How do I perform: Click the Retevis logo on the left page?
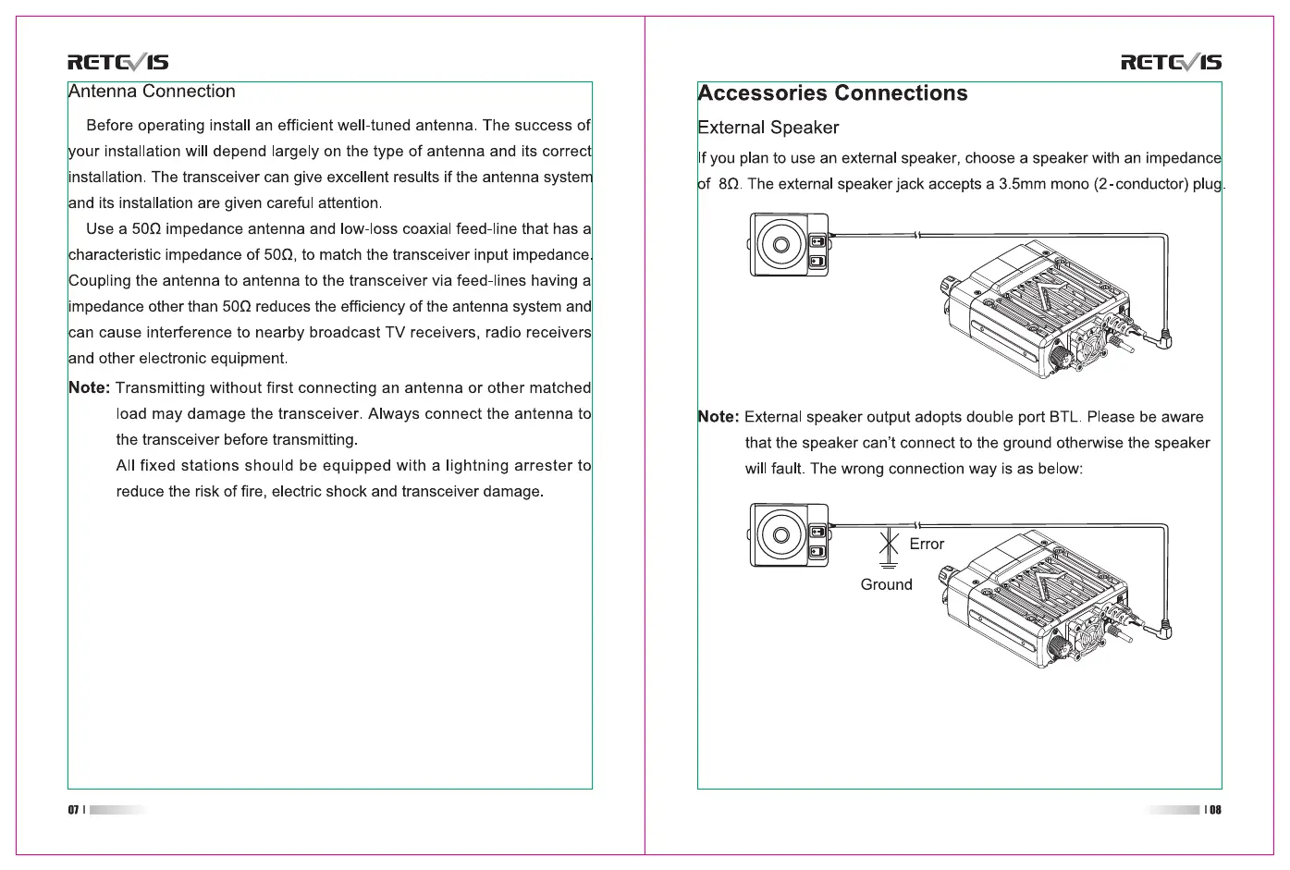click(x=117, y=63)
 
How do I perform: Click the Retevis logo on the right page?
click(x=1171, y=63)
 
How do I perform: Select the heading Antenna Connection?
click(x=153, y=92)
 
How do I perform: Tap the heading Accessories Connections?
click(x=832, y=93)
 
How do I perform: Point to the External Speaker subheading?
click(x=768, y=128)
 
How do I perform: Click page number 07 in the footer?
click(x=73, y=810)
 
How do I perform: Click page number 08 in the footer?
click(x=1215, y=810)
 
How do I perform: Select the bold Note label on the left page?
click(x=89, y=388)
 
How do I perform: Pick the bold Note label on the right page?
click(x=718, y=417)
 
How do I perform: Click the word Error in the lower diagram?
click(x=927, y=544)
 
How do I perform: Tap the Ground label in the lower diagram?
click(x=886, y=584)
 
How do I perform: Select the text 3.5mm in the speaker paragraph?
click(x=1022, y=184)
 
